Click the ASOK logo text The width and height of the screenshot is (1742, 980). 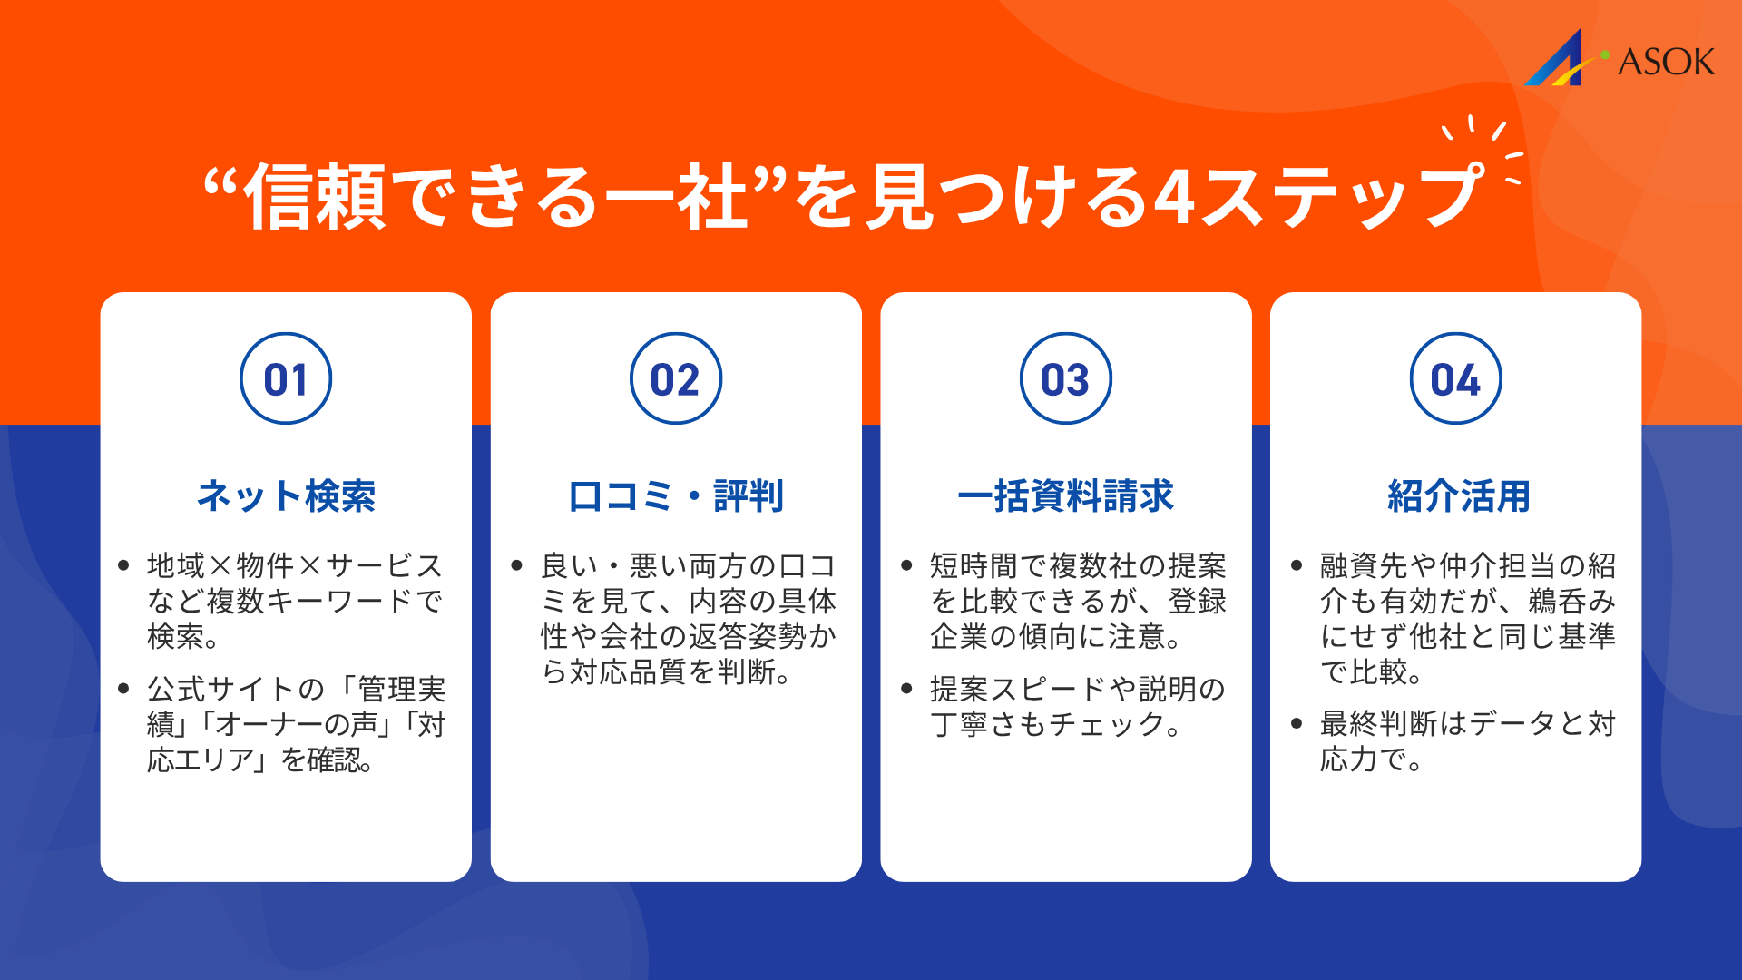1666,62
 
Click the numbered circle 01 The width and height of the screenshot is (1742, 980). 286,378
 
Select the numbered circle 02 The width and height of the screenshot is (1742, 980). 676,378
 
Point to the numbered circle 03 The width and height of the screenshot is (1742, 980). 1065,378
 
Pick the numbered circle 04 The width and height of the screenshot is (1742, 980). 1455,378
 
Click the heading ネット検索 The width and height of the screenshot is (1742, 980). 286,495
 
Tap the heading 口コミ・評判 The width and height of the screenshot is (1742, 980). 676,495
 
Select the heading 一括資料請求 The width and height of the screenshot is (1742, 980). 1065,495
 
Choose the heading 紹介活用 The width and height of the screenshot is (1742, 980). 1458,495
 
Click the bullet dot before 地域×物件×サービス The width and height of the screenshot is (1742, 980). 124,565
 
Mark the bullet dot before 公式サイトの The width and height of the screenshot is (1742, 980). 124,689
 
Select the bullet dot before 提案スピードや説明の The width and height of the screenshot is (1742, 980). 906,689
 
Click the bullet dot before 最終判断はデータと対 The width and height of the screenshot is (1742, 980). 1297,723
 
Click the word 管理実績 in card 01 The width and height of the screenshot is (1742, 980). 401,690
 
